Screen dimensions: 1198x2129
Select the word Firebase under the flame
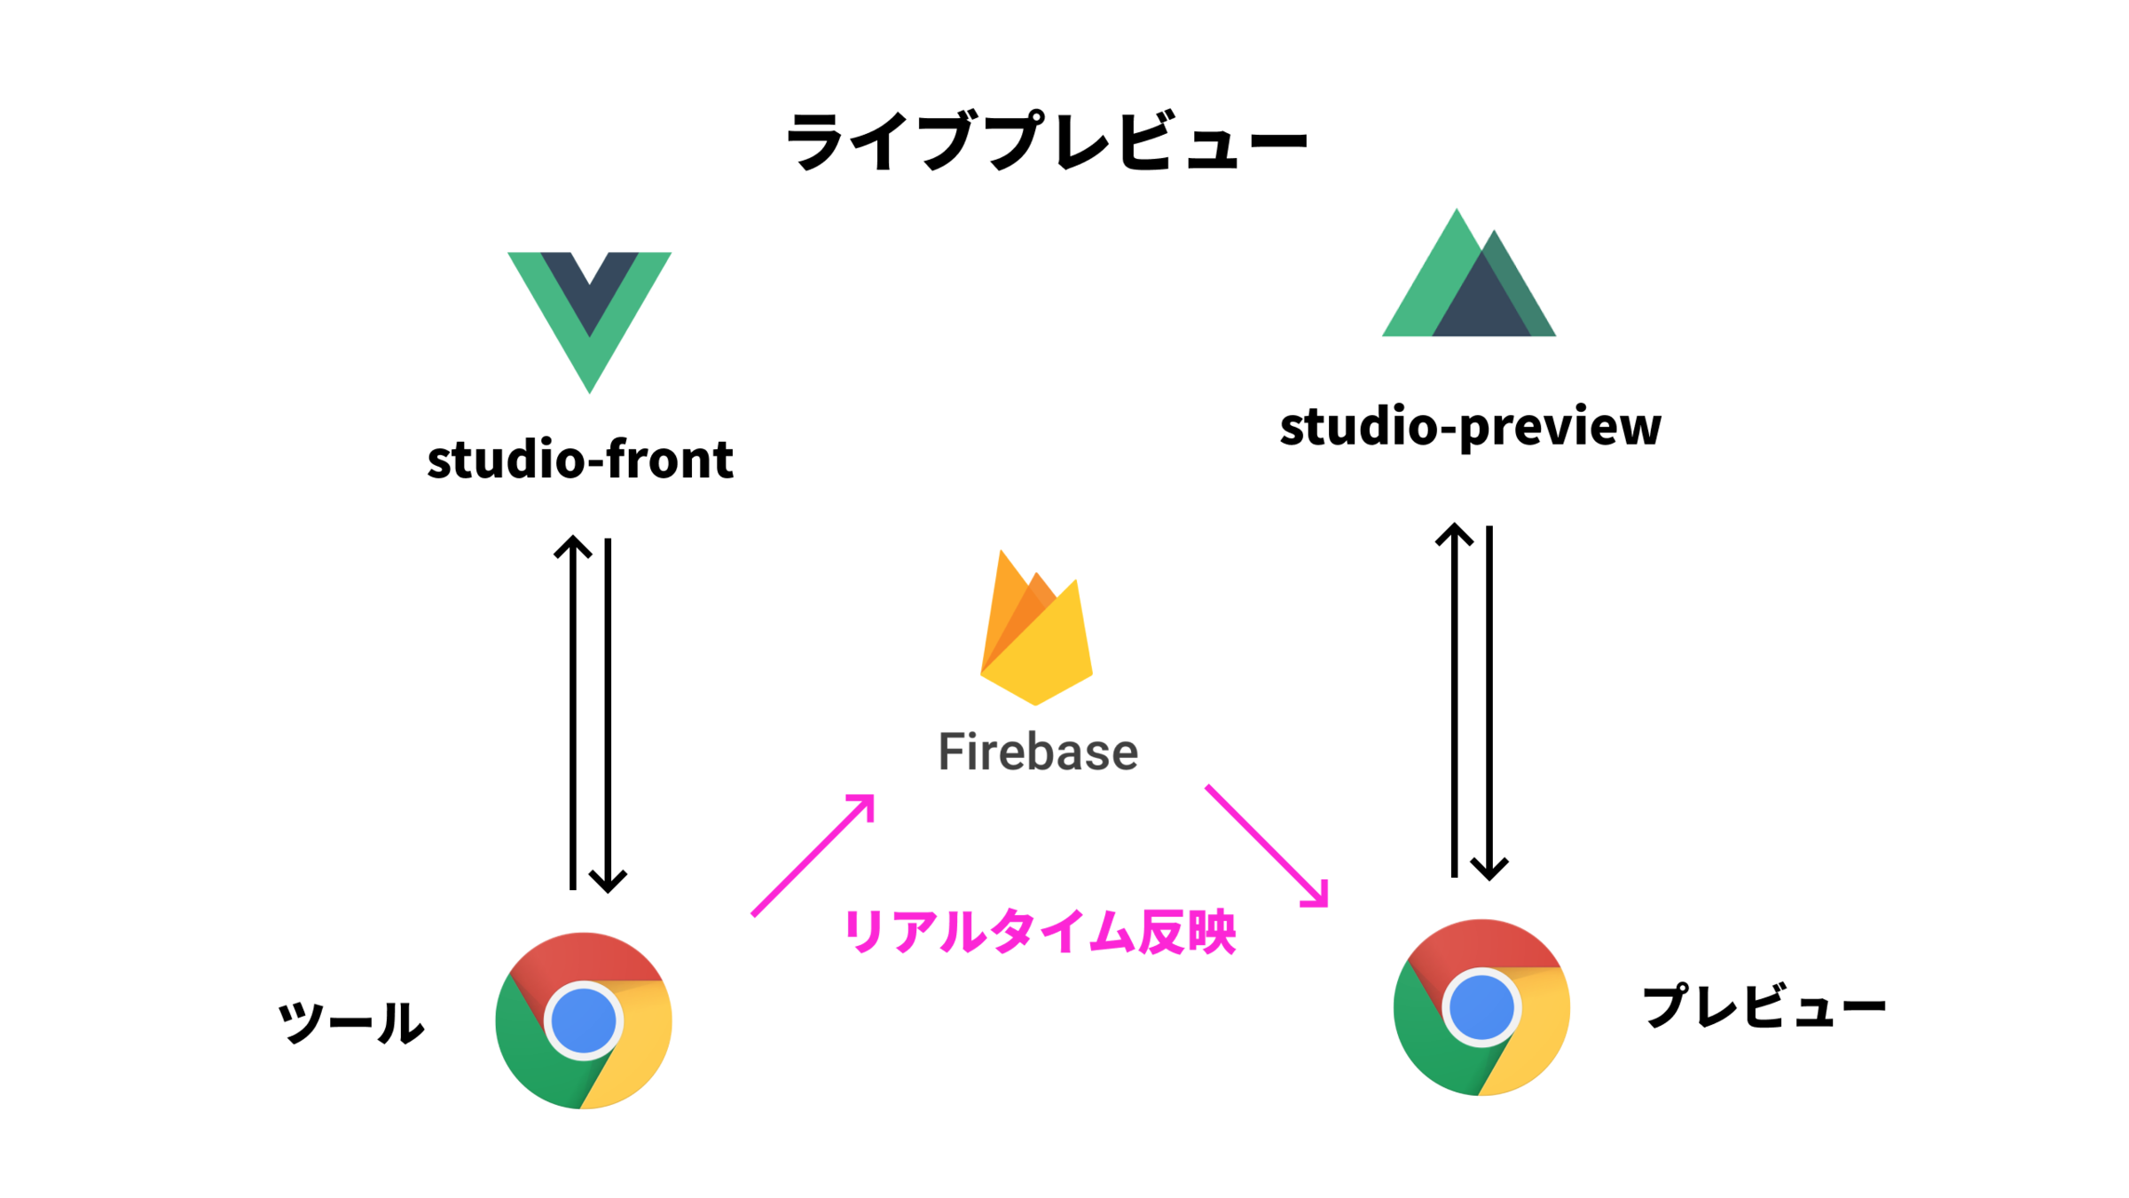pyautogui.click(x=1038, y=753)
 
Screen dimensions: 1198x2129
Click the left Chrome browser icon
pyautogui.click(x=583, y=1021)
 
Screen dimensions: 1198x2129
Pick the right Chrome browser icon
pyautogui.click(x=1481, y=1007)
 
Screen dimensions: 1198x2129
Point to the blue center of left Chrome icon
pyautogui.click(x=583, y=1021)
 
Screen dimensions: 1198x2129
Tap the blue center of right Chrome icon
pyautogui.click(x=1481, y=1008)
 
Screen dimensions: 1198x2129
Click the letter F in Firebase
pyautogui.click(x=955, y=753)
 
